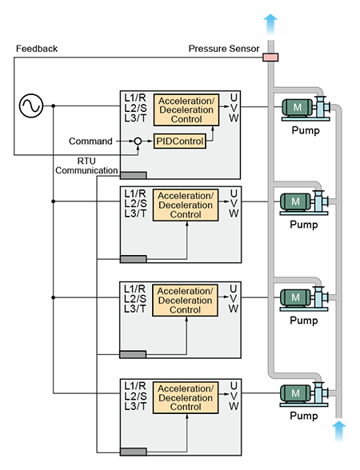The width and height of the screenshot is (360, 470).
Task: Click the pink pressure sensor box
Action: (x=270, y=58)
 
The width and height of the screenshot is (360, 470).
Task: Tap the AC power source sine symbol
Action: (x=31, y=106)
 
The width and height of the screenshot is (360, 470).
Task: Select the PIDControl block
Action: (x=180, y=141)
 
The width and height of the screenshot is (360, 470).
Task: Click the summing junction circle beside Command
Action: (x=138, y=141)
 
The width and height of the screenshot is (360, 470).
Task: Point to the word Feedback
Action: (x=37, y=49)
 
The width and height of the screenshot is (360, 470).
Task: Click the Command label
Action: (x=90, y=141)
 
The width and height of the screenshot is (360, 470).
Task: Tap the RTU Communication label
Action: (x=86, y=165)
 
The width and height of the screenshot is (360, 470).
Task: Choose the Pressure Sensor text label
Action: (x=224, y=49)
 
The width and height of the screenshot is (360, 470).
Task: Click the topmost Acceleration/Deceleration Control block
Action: (x=186, y=110)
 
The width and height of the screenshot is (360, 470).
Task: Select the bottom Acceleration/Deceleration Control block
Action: (x=186, y=398)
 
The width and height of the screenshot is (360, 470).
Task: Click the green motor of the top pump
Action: (x=297, y=107)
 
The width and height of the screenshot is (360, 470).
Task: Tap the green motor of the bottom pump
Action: (x=295, y=393)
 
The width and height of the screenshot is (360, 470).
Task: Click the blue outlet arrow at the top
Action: (x=270, y=25)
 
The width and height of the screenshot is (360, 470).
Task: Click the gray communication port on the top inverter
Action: (x=134, y=175)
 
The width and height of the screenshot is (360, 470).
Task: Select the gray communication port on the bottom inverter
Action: (x=134, y=452)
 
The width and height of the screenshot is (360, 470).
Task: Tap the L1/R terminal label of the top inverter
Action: (x=135, y=98)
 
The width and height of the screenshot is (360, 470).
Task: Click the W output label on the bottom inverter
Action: (x=234, y=406)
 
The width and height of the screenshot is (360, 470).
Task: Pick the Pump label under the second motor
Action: (x=304, y=225)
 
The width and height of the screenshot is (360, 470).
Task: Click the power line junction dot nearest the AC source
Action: (x=54, y=106)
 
